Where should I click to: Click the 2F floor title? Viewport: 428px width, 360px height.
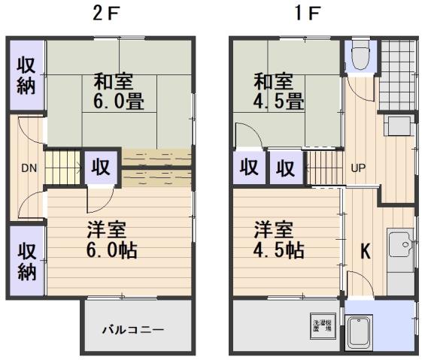108,14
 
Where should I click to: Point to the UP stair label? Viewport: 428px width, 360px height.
358,168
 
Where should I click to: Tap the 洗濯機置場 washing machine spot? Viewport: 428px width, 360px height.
320,325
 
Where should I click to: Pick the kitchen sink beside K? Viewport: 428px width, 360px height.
400,245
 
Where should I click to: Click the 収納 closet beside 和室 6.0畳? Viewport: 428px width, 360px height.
26,75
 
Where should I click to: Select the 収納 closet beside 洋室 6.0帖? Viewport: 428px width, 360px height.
26,261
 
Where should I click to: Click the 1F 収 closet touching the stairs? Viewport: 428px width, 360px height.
285,168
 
